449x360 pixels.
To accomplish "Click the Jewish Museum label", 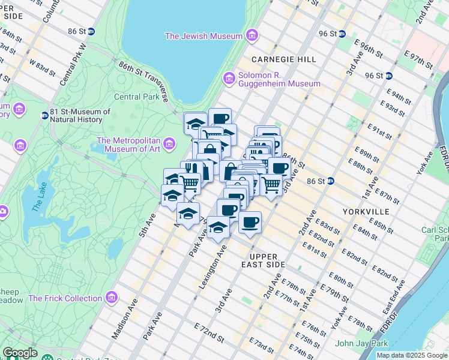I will pyautogui.click(x=203, y=36).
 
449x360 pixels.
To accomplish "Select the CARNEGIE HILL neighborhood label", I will pyautogui.click(x=275, y=59).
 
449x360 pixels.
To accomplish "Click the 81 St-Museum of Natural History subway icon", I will pyautogui.click(x=44, y=115).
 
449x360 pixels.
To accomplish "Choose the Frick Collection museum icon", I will pyautogui.click(x=111, y=298).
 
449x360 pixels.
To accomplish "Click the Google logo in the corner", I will pyautogui.click(x=20, y=353).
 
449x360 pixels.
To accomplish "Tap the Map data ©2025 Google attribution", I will pyautogui.click(x=412, y=355).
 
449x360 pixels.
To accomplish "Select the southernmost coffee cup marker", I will pyautogui.click(x=250, y=223).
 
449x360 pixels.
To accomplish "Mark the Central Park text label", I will pyautogui.click(x=136, y=97).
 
